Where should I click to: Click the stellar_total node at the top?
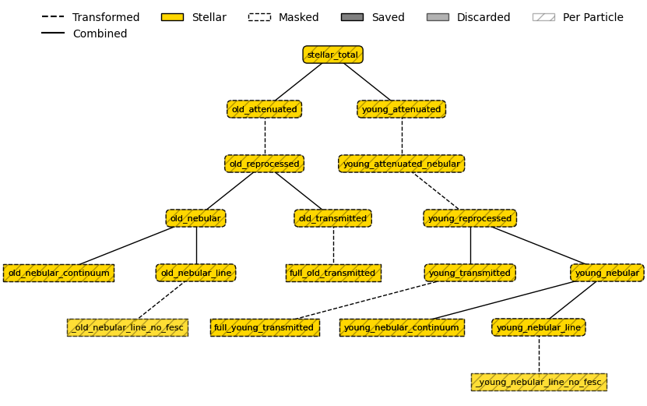(x=332, y=55)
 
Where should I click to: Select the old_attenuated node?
(x=264, y=109)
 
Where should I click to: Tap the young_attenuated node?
(x=401, y=109)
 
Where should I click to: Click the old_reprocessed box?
(x=264, y=164)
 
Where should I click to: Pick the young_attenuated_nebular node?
(x=401, y=164)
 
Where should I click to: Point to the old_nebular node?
(x=195, y=218)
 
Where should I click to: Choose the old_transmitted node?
(x=332, y=218)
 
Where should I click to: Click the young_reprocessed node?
(x=469, y=218)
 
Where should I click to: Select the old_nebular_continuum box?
(x=58, y=273)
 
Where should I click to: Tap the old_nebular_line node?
(x=195, y=273)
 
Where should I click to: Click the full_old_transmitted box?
(x=332, y=273)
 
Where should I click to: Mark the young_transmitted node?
(x=469, y=273)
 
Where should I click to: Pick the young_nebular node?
(x=607, y=273)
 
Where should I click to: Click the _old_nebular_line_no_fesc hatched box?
(x=127, y=327)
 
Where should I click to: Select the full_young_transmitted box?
(x=264, y=327)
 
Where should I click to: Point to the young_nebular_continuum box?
(x=401, y=327)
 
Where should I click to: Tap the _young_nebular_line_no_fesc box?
(x=538, y=382)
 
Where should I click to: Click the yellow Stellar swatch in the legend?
(x=172, y=17)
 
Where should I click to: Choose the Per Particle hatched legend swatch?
(x=543, y=17)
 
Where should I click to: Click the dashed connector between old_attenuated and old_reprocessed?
(x=264, y=136)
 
